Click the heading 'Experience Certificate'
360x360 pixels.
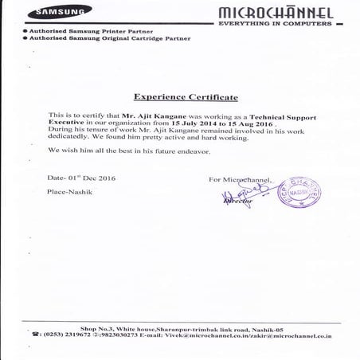[186, 96]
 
